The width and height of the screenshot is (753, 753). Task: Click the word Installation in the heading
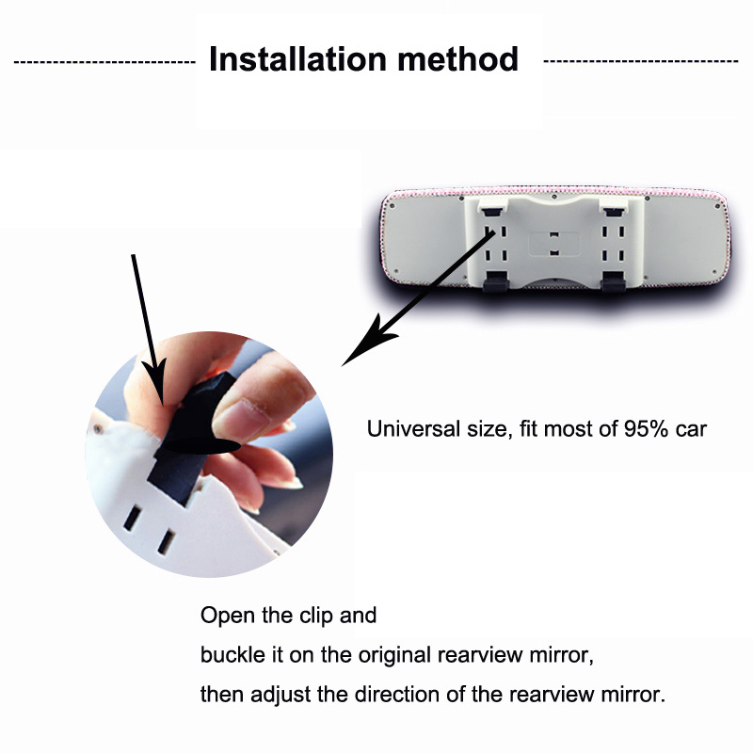297,59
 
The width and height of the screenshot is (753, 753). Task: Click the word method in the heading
458,59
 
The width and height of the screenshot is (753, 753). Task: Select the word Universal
413,429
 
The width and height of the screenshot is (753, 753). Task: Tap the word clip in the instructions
316,616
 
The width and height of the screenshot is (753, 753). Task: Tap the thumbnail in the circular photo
243,419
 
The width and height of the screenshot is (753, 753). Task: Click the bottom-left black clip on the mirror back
495,281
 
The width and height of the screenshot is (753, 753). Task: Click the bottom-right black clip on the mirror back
614,281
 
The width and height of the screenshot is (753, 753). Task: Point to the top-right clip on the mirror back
614,206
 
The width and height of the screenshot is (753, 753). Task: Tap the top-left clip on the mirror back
492,206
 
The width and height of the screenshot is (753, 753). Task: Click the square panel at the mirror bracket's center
553,244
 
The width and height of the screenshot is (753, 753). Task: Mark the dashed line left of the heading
104,62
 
